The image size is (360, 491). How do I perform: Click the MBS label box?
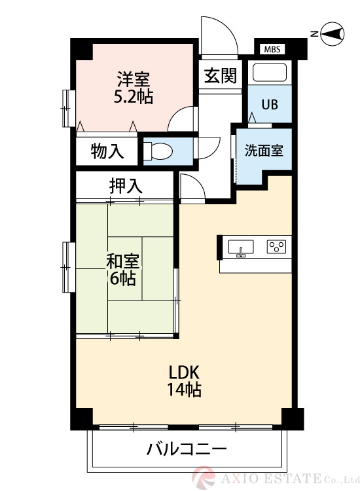[x=272, y=49]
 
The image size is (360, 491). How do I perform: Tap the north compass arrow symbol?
[x=333, y=33]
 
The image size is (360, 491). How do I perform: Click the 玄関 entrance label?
[x=221, y=75]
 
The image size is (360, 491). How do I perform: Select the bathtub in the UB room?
[x=270, y=72]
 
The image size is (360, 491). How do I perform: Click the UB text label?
[x=270, y=105]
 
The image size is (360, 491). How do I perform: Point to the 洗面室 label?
[x=264, y=151]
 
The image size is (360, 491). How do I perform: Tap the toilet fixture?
[x=158, y=151]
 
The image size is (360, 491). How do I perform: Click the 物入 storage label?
[x=107, y=151]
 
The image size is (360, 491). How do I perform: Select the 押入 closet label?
[x=126, y=185]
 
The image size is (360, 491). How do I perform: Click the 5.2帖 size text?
[x=134, y=97]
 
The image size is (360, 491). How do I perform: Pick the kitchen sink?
[x=241, y=247]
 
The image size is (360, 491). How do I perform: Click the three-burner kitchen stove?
[x=277, y=246]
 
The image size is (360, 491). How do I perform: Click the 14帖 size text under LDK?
[x=184, y=390]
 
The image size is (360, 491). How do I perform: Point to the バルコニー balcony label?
[x=187, y=449]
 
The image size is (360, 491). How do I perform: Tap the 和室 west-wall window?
[x=69, y=267]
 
